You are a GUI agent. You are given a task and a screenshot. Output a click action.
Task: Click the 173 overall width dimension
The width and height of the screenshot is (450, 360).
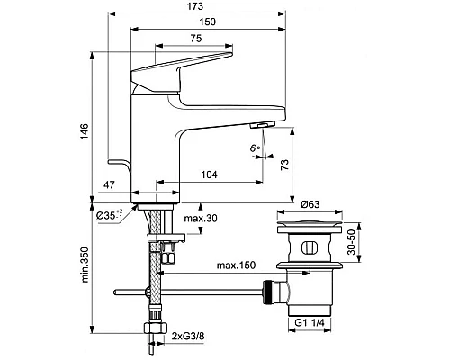pyautogui.click(x=195, y=6)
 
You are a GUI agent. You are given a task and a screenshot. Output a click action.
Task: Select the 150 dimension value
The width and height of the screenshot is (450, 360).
pyautogui.click(x=208, y=22)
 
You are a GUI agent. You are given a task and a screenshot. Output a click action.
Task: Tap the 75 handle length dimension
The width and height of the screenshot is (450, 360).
pyautogui.click(x=196, y=39)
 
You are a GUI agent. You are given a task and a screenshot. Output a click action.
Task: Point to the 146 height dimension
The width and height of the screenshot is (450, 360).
pyautogui.click(x=85, y=131)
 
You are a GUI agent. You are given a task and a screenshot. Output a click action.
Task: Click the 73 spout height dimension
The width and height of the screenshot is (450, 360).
pyautogui.click(x=284, y=165)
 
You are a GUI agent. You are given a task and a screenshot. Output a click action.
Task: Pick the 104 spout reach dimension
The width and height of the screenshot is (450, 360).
pyautogui.click(x=209, y=175)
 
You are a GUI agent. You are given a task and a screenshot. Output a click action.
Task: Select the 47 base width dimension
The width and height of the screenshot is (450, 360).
pyautogui.click(x=109, y=184)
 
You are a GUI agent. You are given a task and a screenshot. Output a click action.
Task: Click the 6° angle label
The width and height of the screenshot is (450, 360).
pyautogui.click(x=255, y=148)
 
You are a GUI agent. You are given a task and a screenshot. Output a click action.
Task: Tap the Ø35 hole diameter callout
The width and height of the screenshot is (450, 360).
pyautogui.click(x=109, y=215)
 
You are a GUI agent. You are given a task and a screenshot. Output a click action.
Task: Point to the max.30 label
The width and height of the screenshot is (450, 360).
pyautogui.click(x=201, y=219)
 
